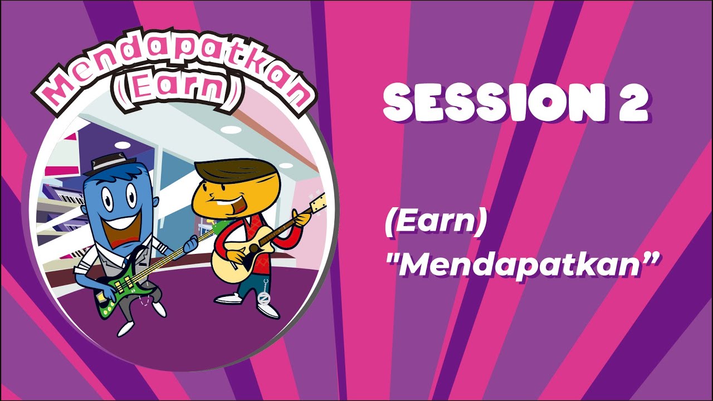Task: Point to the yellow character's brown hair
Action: click(228, 170)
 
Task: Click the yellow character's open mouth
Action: click(226, 209)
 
